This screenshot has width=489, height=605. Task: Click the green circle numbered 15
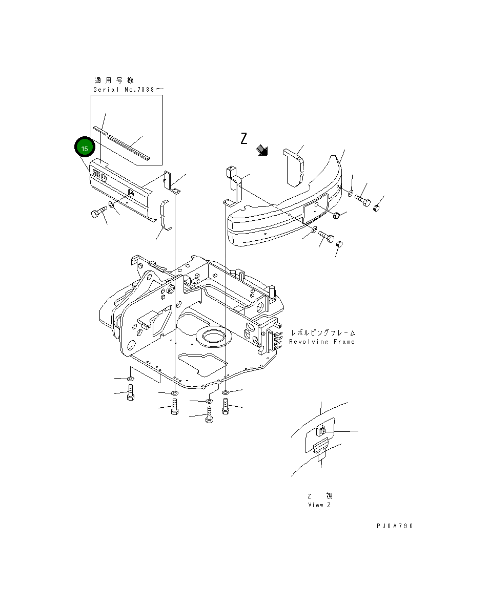pos(85,148)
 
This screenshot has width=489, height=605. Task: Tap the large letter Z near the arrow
pos(244,138)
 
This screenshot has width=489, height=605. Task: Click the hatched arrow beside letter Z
pos(263,149)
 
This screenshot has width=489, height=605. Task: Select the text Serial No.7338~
pos(128,90)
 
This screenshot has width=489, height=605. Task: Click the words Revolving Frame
pos(321,342)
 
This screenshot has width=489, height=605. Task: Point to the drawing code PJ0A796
pos(394,526)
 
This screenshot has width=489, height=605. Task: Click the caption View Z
pos(319,505)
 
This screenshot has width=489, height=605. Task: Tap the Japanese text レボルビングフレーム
pos(322,333)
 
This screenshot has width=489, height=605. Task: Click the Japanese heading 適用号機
pos(114,80)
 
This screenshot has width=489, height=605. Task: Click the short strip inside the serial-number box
pos(99,130)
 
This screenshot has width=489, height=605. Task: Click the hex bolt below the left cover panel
pos(98,213)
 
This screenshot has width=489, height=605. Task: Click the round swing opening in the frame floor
pos(217,337)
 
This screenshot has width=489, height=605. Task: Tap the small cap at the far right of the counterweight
pos(377,207)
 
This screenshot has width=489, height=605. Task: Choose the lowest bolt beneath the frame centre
pos(209,415)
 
